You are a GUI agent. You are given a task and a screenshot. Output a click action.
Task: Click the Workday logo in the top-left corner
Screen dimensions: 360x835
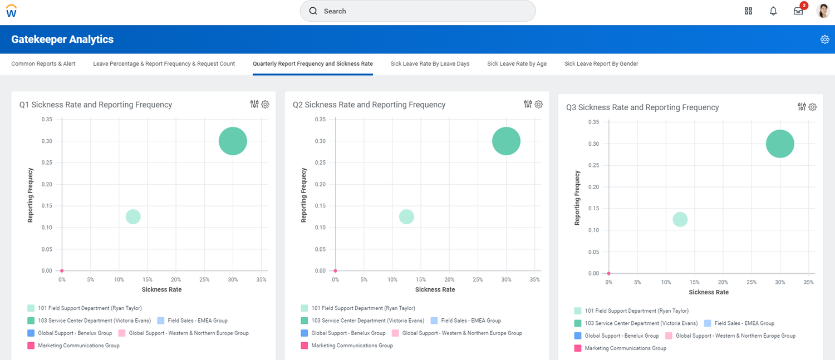click(x=11, y=11)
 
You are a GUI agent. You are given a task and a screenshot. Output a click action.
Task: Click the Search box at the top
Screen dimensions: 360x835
click(x=417, y=11)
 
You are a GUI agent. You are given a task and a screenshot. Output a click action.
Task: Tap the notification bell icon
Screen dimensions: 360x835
click(x=773, y=11)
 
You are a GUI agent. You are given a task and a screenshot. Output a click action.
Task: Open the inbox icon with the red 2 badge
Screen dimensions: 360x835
click(x=798, y=11)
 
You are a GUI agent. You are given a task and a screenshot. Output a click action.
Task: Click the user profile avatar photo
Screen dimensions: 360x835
click(x=823, y=11)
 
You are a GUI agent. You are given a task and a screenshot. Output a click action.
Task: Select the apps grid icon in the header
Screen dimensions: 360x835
click(x=748, y=11)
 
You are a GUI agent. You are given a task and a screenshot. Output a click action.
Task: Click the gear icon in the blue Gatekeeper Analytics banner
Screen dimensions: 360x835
click(x=824, y=39)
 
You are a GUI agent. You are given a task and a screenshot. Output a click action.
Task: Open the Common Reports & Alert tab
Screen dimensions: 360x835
click(x=43, y=64)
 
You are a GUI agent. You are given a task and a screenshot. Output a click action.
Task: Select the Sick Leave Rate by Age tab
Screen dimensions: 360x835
click(x=517, y=64)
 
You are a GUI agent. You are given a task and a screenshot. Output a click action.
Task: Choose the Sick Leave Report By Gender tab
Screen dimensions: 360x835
click(x=601, y=64)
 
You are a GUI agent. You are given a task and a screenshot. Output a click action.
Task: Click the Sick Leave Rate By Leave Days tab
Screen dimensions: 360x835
click(x=430, y=64)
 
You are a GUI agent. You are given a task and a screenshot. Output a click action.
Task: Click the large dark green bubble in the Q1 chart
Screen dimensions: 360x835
click(x=233, y=141)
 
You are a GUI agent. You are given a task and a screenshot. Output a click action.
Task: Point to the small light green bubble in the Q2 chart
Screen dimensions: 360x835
click(x=406, y=216)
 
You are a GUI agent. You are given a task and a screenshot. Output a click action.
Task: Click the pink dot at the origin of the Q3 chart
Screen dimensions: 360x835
click(x=609, y=273)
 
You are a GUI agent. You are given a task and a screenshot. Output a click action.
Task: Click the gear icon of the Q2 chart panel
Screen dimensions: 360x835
click(x=538, y=104)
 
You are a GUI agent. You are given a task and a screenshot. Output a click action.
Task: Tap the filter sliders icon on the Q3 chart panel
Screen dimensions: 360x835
click(x=802, y=107)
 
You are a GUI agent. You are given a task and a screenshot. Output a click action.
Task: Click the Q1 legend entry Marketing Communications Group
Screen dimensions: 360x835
click(x=78, y=346)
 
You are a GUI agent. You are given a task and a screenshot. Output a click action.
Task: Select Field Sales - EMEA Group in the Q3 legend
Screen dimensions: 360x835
click(x=744, y=323)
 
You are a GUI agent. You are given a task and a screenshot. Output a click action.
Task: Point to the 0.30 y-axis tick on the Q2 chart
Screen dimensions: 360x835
click(x=320, y=141)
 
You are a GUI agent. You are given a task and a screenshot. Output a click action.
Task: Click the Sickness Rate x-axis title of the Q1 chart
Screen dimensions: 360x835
click(x=161, y=289)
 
